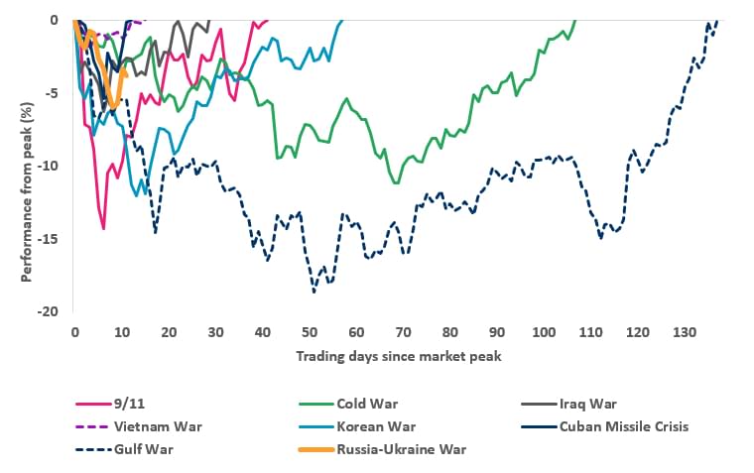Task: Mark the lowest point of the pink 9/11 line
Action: click(x=103, y=229)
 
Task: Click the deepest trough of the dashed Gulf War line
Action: click(x=314, y=292)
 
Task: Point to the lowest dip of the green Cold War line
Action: click(x=397, y=183)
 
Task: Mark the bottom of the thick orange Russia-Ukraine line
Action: click(x=115, y=106)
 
